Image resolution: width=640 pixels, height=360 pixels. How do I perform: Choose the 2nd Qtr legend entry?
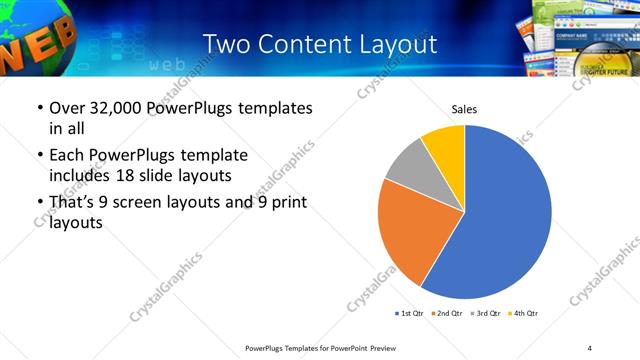(x=447, y=313)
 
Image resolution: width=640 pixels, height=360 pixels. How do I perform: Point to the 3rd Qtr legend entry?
(x=486, y=313)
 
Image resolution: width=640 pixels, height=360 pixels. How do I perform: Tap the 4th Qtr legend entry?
(x=524, y=313)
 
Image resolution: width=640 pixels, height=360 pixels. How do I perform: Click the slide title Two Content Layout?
(x=319, y=44)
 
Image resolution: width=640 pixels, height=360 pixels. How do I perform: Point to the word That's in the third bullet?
(x=74, y=204)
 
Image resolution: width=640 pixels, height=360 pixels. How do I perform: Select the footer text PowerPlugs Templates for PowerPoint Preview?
(x=319, y=347)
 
